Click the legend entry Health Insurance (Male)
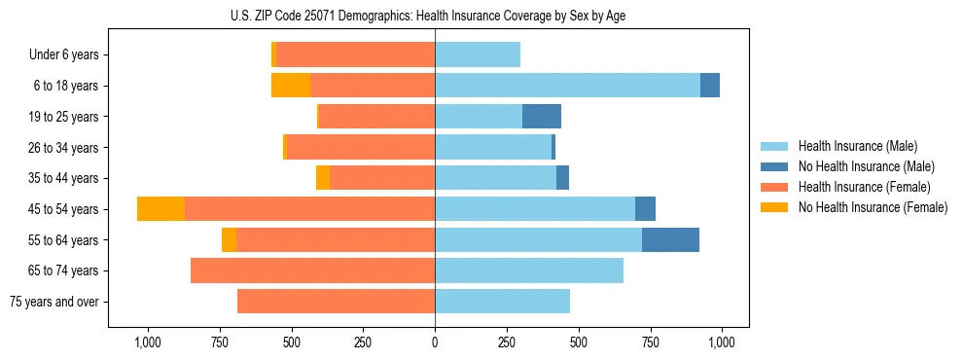857,146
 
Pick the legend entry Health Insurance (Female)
864,187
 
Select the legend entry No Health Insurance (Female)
873,207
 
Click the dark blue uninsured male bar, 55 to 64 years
670,239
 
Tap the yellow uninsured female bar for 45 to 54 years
160,209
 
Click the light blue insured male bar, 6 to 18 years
567,86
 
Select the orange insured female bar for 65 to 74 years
312,270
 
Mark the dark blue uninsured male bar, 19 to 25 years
542,117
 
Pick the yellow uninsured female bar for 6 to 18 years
291,86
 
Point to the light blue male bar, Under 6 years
478,54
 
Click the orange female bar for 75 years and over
336,302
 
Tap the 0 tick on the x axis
435,342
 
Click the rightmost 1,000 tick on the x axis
722,342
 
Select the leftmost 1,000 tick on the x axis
147,342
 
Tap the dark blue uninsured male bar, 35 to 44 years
562,178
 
